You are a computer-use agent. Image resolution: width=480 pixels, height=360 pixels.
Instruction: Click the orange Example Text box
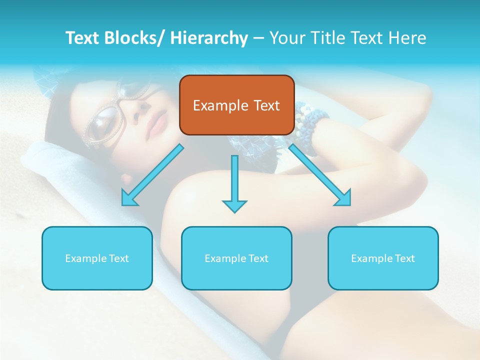pos(236,105)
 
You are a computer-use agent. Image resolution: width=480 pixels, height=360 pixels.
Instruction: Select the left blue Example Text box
pos(97,258)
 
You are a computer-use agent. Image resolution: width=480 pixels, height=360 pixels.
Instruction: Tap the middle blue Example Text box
pos(236,258)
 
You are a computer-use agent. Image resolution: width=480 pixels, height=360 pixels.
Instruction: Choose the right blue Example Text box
pos(383,258)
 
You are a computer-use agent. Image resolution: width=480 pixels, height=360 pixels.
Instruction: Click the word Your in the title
pos(287,38)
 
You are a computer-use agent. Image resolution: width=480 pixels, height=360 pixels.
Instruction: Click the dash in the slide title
pos(258,38)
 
